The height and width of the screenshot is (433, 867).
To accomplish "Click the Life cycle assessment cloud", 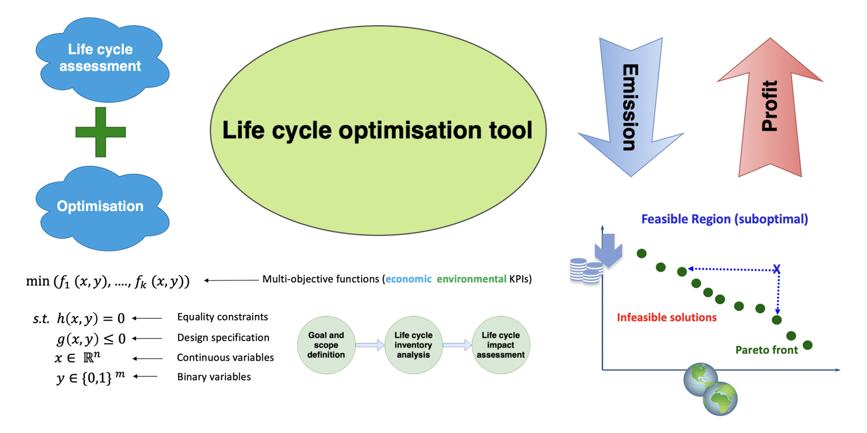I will pos(101,58).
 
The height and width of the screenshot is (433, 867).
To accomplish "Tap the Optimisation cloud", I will pos(101,207).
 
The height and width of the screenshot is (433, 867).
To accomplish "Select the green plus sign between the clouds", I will pos(101,132).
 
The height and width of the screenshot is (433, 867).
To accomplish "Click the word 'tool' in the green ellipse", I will pos(511,130).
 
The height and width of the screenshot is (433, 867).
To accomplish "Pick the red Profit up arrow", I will pos(770,108).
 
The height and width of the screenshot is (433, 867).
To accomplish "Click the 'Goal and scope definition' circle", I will pos(326,345).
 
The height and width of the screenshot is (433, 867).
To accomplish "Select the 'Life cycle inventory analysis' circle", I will pos(413,345).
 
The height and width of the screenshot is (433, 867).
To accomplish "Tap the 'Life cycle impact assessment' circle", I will pos(501,345).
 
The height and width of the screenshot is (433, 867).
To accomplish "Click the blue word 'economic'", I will pos(408,279).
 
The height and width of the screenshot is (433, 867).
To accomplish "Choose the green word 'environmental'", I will pos(471,279).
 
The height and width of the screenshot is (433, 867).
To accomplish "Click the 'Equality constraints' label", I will pos(222,317).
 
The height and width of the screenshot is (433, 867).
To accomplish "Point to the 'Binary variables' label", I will pos(214,377).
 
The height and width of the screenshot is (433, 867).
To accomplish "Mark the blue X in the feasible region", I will pos(776,269).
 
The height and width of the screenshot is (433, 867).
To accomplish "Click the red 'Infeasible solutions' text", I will pos(666,317).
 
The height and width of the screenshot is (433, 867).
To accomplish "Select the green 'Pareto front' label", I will pos(766,350).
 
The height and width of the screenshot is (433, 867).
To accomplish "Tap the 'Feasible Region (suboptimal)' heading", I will pos(724,219).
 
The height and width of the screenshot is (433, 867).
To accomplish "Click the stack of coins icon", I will pos(585,271).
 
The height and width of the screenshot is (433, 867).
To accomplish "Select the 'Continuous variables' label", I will pos(225,358).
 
